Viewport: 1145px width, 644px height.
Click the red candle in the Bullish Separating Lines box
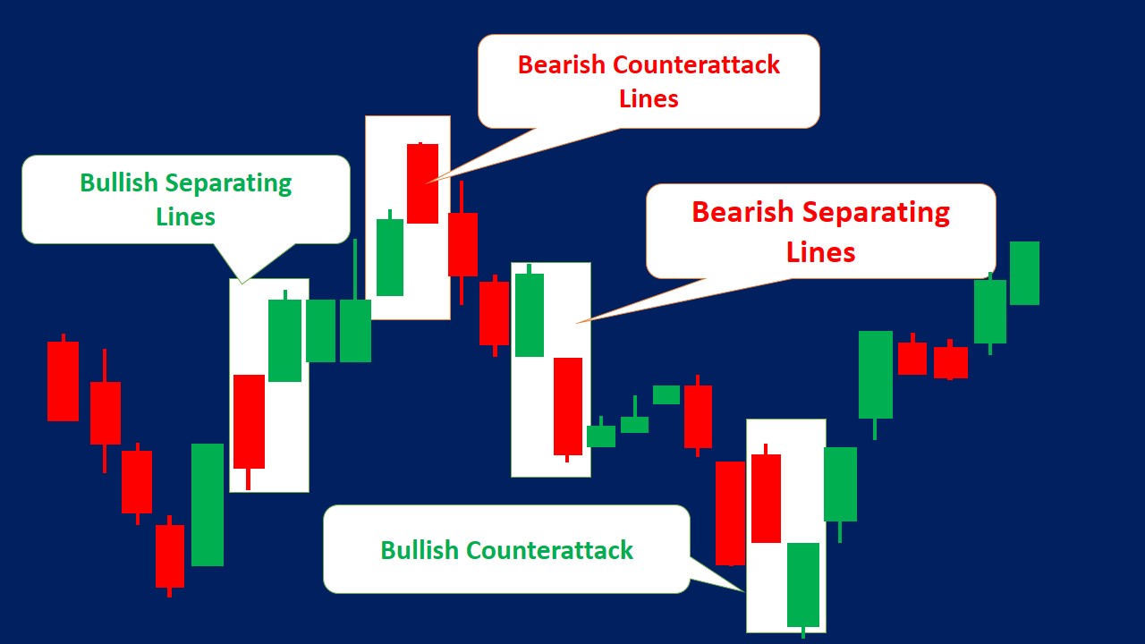pos(249,420)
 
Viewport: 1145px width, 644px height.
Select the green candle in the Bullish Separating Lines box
pos(284,340)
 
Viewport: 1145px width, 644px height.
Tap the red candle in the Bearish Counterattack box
pos(422,183)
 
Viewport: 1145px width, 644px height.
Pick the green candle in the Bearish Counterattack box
pos(389,257)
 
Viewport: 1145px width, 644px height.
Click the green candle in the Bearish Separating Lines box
pos(529,315)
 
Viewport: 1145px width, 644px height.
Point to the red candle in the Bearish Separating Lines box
pos(567,406)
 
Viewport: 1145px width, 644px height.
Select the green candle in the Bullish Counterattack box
pos(802,584)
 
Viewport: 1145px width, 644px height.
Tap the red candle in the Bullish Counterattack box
pos(766,497)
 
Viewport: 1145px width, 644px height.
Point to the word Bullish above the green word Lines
pos(118,183)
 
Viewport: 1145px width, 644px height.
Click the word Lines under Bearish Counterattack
pos(649,98)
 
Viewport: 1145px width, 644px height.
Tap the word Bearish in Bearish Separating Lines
pos(742,213)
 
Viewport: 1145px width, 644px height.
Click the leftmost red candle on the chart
pos(63,381)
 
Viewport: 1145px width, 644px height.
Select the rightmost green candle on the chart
pos(1024,273)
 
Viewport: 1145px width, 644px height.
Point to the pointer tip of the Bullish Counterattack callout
pos(744,591)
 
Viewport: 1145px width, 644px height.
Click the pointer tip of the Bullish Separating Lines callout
pos(242,283)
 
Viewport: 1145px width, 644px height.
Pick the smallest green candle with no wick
pos(666,394)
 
